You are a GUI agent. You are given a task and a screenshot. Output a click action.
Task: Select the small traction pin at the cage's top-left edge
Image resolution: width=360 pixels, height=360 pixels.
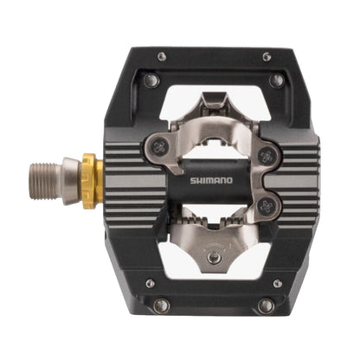162,57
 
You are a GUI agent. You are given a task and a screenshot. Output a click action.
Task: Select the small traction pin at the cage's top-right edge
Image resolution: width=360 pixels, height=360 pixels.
260,57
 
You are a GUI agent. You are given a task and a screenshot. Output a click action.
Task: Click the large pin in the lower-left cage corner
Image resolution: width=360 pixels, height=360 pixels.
160,305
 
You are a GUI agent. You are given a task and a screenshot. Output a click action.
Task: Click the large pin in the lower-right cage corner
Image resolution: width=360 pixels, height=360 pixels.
267,305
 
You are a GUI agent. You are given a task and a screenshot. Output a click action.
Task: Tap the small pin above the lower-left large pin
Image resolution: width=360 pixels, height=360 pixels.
150,282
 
